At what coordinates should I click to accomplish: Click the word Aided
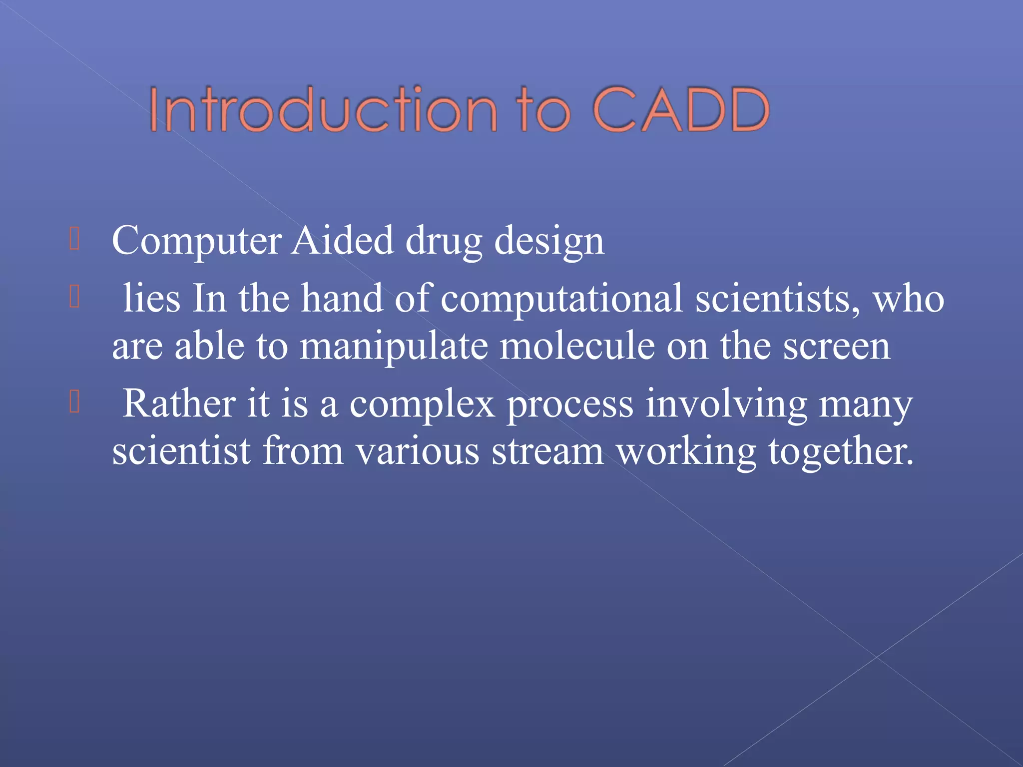tap(343, 241)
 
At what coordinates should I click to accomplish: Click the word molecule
tap(577, 347)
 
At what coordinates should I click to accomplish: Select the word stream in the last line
tap(547, 451)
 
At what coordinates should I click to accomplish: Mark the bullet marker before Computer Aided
tap(74, 239)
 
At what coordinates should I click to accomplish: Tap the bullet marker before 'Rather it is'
tap(74, 402)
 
